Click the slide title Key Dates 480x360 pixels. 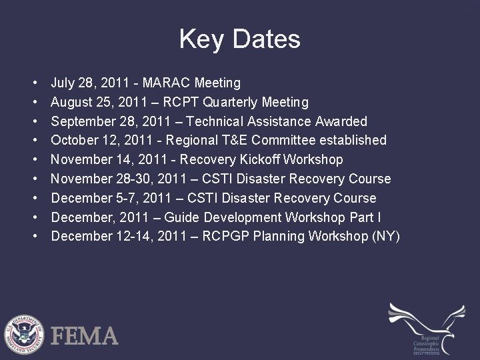click(x=240, y=39)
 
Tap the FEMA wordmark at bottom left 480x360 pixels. click(x=87, y=335)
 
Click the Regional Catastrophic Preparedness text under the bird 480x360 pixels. click(x=427, y=343)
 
